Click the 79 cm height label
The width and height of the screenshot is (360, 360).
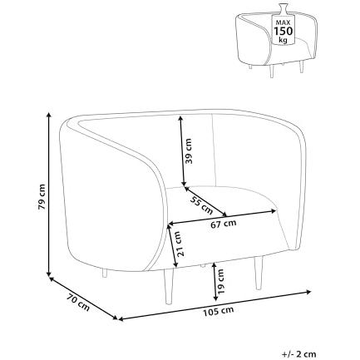coord(42,196)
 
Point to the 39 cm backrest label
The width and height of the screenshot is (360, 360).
coord(190,150)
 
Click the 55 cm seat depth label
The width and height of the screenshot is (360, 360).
coord(201,205)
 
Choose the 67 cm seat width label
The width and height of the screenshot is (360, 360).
coord(224,224)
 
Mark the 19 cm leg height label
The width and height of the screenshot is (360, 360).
coord(220,282)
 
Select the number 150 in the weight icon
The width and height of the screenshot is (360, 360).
coord(284,31)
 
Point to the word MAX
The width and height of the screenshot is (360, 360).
coord(283,22)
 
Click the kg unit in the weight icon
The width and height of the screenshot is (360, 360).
coord(284,40)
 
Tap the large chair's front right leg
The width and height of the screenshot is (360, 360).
coord(258,273)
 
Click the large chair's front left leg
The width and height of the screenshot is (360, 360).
coord(169,286)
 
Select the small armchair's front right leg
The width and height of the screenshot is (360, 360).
coord(301,67)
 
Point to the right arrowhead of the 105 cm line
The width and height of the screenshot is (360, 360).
coord(308,292)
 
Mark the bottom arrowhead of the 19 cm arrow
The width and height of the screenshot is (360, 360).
coord(215,298)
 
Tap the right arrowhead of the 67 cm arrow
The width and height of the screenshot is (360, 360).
coord(274,211)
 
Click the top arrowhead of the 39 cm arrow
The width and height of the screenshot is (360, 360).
coord(180,120)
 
